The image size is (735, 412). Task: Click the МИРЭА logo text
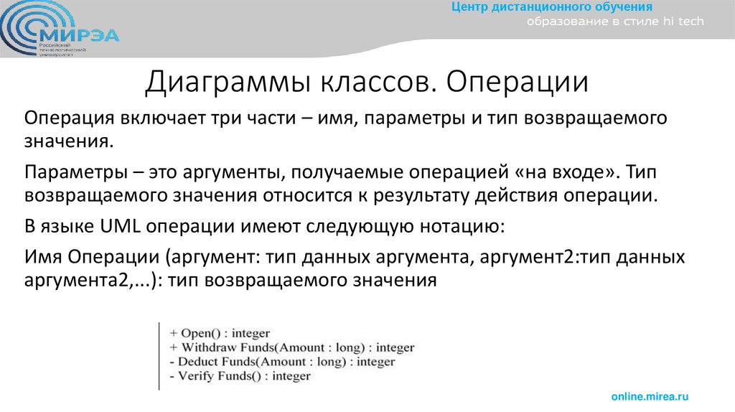(80, 34)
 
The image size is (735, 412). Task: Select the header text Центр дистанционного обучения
(551, 7)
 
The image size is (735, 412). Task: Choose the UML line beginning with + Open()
(220, 333)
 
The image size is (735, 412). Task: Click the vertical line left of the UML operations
(159, 355)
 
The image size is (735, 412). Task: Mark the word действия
(533, 195)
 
